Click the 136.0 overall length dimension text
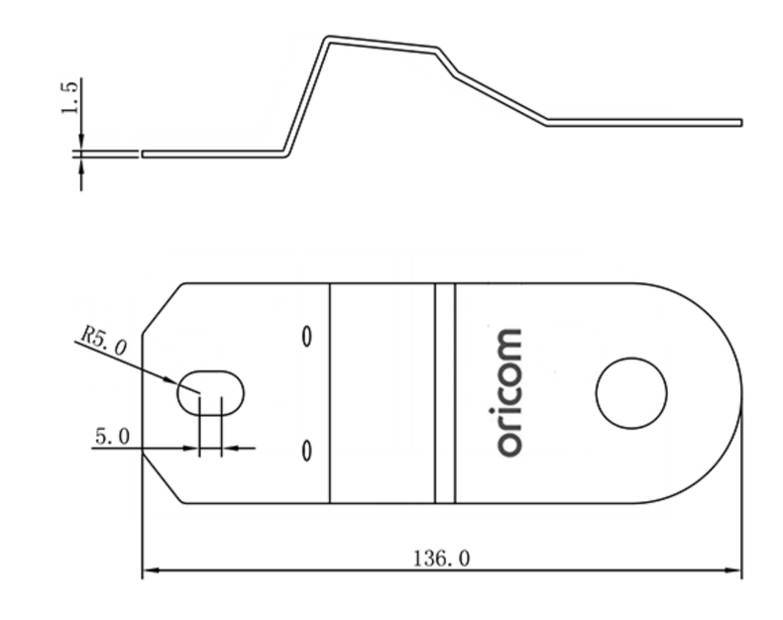point(442,559)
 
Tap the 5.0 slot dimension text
point(111,436)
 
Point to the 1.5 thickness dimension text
point(68,99)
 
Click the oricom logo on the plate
point(508,392)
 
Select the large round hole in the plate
point(631,392)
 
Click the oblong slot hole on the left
point(210,392)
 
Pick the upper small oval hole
point(306,336)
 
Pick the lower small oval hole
point(306,451)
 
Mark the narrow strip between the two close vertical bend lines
point(445,392)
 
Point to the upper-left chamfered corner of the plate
point(162,307)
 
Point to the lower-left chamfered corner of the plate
point(162,479)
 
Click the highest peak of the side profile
point(328,40)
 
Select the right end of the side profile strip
point(738,122)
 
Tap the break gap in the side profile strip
point(140,155)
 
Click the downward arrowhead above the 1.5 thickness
point(80,144)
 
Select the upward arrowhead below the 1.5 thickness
point(80,164)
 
